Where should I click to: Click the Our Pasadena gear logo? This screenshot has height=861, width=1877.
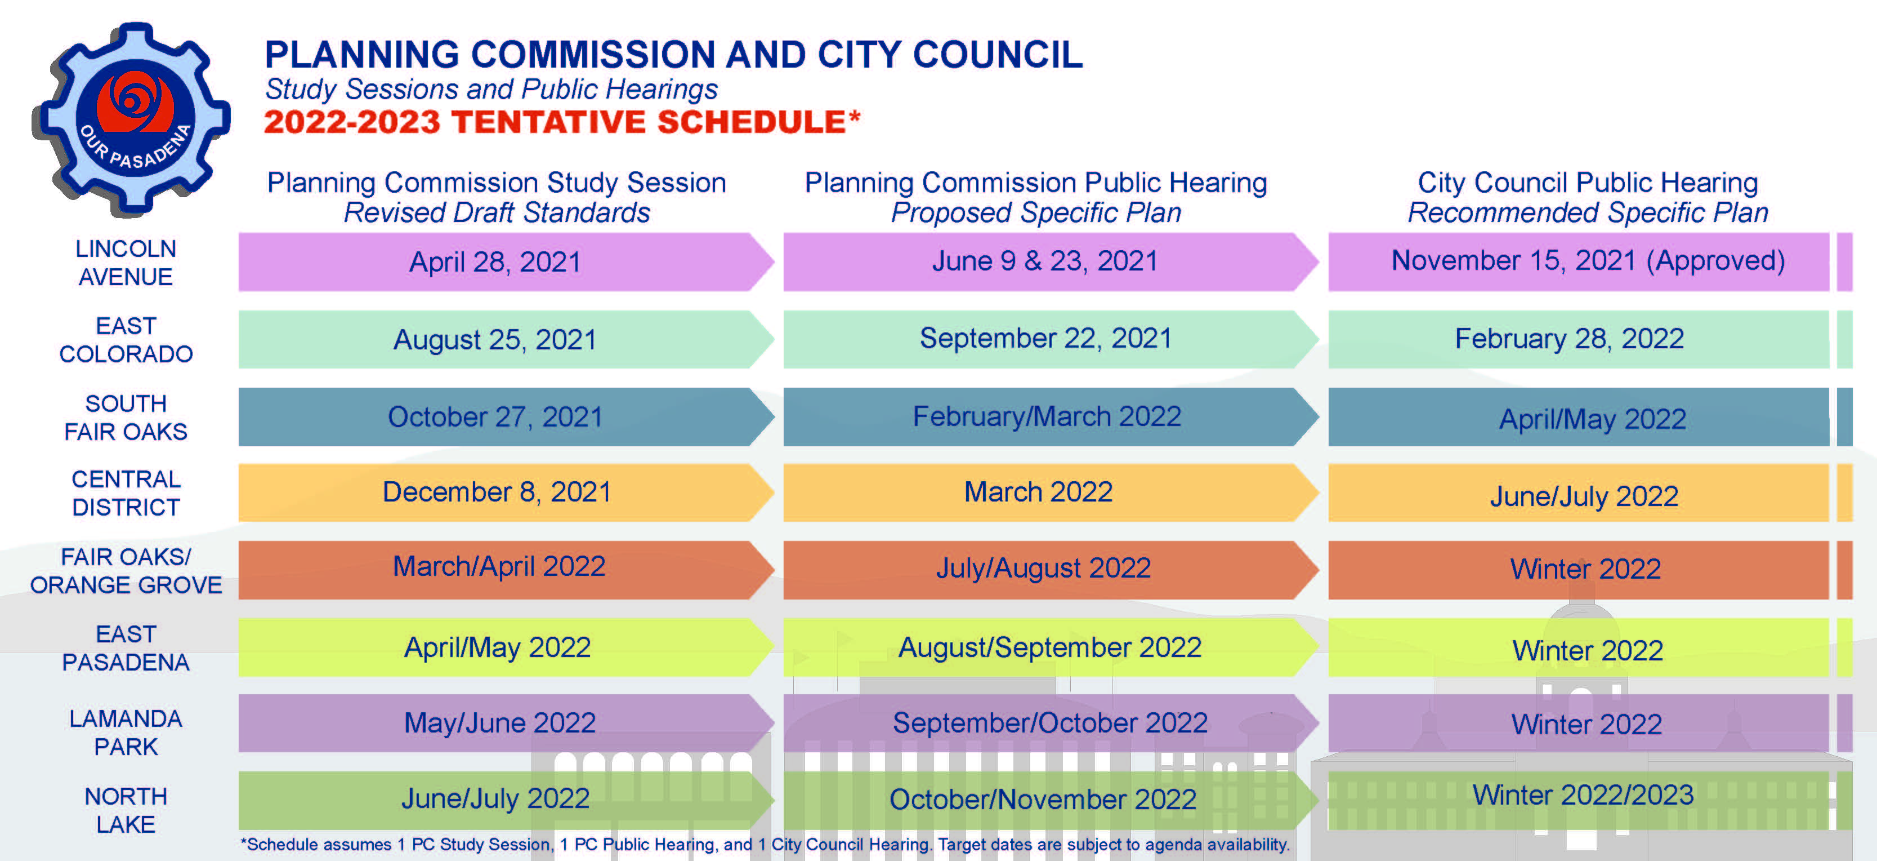(131, 119)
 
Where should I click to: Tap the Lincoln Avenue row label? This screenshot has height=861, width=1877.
(126, 263)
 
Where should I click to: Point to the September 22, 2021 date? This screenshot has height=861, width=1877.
(1045, 338)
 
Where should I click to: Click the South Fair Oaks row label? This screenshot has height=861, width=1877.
(126, 417)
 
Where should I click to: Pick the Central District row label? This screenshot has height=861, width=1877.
(126, 493)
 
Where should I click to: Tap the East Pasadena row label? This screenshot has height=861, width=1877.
(126, 647)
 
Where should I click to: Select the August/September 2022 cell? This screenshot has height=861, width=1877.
(1051, 647)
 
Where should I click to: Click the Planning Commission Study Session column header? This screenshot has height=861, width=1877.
(497, 197)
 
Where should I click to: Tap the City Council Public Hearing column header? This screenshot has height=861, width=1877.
(1588, 197)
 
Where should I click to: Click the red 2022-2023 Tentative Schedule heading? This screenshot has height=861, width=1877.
(562, 122)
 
